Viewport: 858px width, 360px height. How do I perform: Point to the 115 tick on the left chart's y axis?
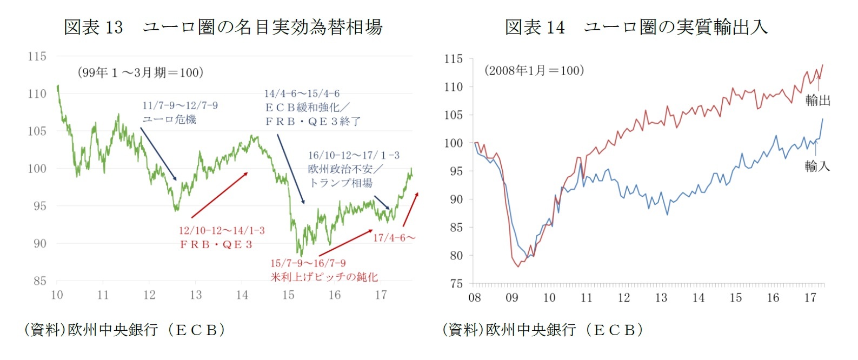(37, 56)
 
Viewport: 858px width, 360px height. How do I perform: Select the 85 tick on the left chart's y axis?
(39, 281)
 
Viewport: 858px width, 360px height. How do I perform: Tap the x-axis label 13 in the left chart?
(196, 295)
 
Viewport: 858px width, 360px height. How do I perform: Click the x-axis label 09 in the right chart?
(511, 297)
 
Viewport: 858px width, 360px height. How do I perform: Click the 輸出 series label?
(817, 100)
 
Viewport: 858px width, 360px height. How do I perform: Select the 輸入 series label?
(817, 166)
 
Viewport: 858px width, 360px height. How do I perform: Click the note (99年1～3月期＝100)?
(141, 72)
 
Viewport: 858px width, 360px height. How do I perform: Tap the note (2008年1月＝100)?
(534, 70)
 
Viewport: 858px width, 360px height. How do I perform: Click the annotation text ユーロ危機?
(169, 119)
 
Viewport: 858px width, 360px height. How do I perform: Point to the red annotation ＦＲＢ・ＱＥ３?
(216, 244)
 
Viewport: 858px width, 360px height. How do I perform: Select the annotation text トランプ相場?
(341, 183)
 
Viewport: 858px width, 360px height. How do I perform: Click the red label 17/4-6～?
(394, 237)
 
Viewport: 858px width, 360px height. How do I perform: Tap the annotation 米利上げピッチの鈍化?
(324, 277)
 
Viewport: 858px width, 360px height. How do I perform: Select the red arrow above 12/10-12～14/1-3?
(220, 195)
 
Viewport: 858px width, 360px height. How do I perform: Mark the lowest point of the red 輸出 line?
(518, 266)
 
